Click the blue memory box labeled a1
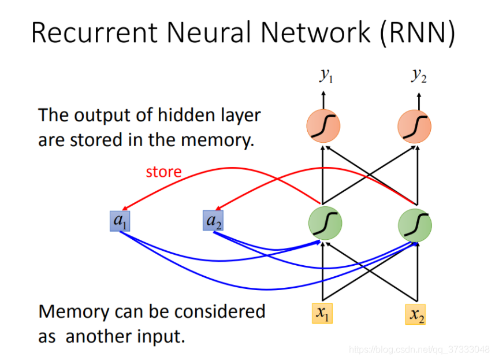120,221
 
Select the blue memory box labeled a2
213,220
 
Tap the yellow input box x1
322,313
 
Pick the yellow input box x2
415,314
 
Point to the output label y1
326,76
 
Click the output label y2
419,76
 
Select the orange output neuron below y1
323,126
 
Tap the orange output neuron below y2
414,127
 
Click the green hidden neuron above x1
325,223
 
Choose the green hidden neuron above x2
415,225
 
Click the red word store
163,172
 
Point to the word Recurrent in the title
94,32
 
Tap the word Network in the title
316,32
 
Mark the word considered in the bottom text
219,311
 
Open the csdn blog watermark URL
419,349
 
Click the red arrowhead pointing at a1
125,208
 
